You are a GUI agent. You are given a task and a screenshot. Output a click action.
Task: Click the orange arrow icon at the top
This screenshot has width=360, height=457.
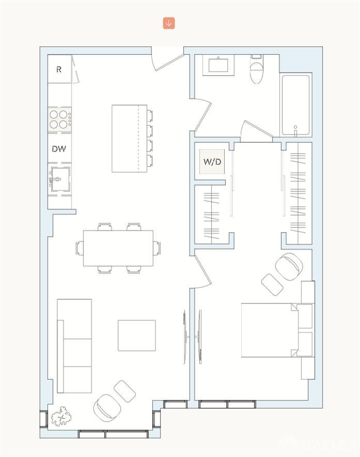(x=169, y=23)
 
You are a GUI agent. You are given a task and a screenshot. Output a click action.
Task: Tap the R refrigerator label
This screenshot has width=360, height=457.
(x=59, y=69)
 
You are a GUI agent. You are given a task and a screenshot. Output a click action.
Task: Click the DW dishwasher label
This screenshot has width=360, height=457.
(x=59, y=149)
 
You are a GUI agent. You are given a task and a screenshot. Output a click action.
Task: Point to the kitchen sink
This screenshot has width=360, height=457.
(x=59, y=179)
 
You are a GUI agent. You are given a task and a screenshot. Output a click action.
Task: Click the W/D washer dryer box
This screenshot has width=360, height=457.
(x=212, y=162)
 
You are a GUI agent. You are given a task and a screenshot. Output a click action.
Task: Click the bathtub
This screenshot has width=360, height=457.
(x=295, y=105)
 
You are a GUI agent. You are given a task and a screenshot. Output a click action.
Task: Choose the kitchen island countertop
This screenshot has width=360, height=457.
(x=126, y=139)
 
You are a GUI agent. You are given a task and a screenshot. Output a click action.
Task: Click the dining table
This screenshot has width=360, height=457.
(x=118, y=248)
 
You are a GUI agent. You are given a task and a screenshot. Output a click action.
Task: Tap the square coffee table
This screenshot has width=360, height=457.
(x=136, y=335)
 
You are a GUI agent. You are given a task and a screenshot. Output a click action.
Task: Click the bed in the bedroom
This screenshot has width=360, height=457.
(x=270, y=330)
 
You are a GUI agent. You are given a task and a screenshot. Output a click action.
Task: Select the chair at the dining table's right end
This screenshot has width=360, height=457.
(x=157, y=248)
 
